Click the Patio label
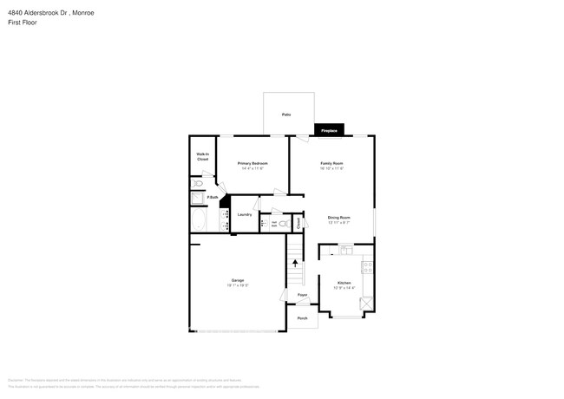[x=285, y=114]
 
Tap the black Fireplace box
[x=329, y=130]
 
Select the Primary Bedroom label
[x=252, y=163]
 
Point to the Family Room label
[x=332, y=163]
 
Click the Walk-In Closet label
[x=202, y=158]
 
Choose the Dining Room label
[x=338, y=217]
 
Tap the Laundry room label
[x=245, y=214]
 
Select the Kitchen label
[x=344, y=283]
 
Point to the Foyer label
[x=303, y=296]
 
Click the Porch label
[x=302, y=318]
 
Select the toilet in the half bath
[x=282, y=222]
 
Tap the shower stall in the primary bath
[x=196, y=199]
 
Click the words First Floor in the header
[x=23, y=23]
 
